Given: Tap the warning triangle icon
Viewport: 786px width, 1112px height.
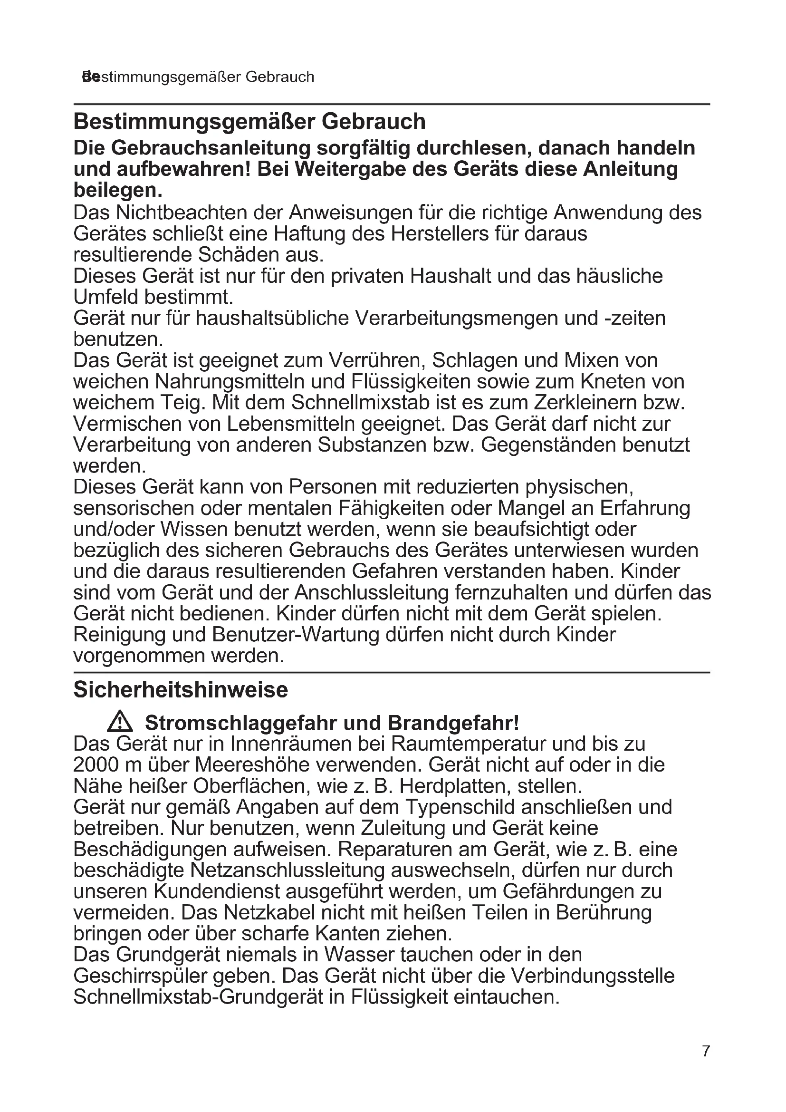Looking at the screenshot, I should (x=120, y=723).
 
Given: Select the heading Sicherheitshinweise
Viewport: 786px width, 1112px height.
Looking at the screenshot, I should (x=181, y=690).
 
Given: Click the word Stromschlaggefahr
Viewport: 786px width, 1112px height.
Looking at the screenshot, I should (x=241, y=723).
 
